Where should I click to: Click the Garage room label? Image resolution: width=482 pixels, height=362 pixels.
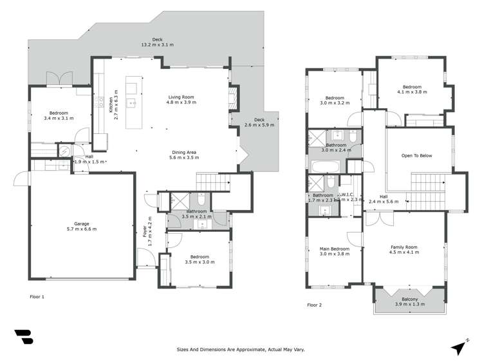click(x=81, y=225)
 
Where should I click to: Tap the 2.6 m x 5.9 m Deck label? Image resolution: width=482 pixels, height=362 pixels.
click(x=259, y=122)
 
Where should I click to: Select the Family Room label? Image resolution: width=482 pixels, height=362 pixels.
click(x=404, y=249)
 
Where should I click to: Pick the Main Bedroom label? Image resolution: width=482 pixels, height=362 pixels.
click(x=334, y=251)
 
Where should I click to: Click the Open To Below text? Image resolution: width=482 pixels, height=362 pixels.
click(x=416, y=156)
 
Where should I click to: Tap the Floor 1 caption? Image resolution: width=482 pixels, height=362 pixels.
click(x=37, y=297)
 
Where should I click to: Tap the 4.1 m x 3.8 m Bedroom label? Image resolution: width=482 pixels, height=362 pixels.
click(x=412, y=90)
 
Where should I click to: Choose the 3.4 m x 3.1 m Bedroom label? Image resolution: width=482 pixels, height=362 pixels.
click(x=59, y=116)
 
